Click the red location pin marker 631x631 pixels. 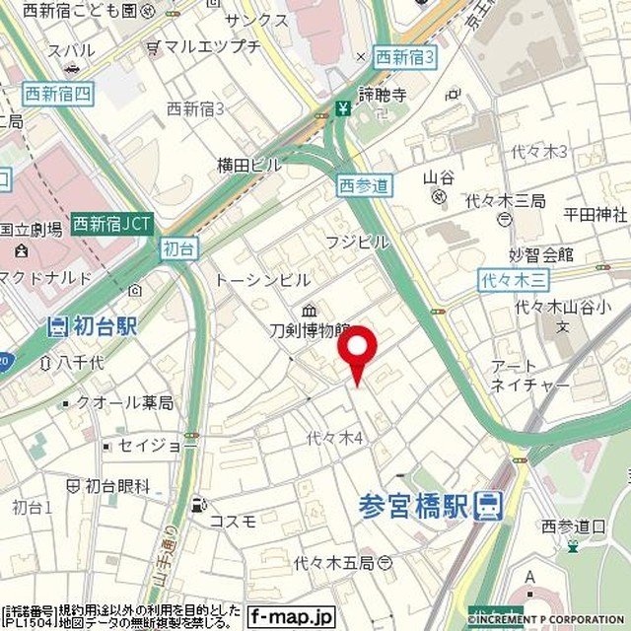(x=357, y=351)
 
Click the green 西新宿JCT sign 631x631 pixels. (x=111, y=223)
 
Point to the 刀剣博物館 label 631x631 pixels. (x=310, y=330)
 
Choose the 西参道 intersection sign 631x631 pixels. (x=365, y=184)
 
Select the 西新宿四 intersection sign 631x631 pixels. (x=57, y=95)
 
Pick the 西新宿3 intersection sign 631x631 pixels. (x=405, y=56)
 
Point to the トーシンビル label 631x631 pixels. (x=262, y=280)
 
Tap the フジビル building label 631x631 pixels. (x=357, y=242)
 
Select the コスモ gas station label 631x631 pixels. (x=234, y=520)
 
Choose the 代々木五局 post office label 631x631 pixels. (x=333, y=563)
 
